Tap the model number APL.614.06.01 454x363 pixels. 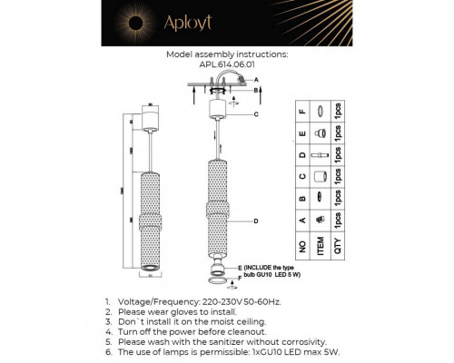pyautogui.click(x=226, y=64)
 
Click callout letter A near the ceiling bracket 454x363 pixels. pyautogui.click(x=257, y=80)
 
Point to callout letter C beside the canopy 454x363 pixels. pyautogui.click(x=257, y=115)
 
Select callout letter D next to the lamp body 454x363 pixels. pyautogui.click(x=258, y=221)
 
